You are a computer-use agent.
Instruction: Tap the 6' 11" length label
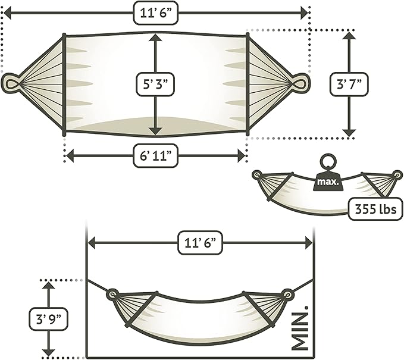click(155, 156)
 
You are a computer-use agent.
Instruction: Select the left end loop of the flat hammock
click(11, 82)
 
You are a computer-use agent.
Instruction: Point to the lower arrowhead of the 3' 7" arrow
click(349, 132)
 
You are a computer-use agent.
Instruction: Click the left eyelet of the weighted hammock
click(257, 175)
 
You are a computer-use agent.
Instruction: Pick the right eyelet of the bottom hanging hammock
click(287, 294)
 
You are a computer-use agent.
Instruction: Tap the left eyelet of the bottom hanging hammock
click(112, 294)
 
